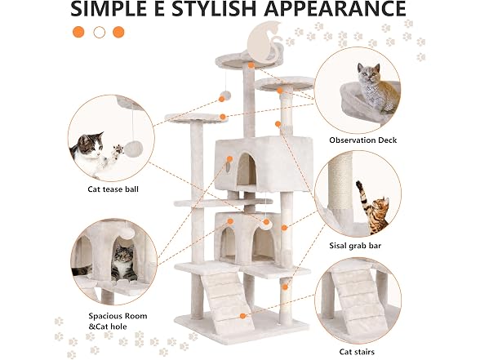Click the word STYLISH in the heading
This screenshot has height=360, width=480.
tap(213, 8)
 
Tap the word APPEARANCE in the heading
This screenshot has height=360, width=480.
tap(335, 8)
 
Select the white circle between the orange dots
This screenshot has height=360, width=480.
tap(100, 32)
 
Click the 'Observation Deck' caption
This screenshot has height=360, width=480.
tap(362, 140)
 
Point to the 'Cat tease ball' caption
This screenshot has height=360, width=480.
tap(113, 189)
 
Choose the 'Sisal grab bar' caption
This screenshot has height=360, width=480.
tap(355, 246)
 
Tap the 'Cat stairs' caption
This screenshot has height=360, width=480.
tap(357, 352)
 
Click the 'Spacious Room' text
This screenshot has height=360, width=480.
tap(118, 316)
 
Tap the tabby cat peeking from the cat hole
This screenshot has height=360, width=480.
tap(124, 263)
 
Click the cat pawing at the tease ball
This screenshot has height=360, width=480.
tap(91, 153)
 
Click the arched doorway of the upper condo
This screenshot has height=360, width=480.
tap(247, 169)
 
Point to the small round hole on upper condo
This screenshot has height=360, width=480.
tap(229, 167)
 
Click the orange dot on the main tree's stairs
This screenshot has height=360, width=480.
tap(242, 316)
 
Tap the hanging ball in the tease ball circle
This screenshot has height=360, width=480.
tap(134, 149)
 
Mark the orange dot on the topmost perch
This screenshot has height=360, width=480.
tap(251, 65)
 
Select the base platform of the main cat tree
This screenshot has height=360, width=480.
tap(242, 326)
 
